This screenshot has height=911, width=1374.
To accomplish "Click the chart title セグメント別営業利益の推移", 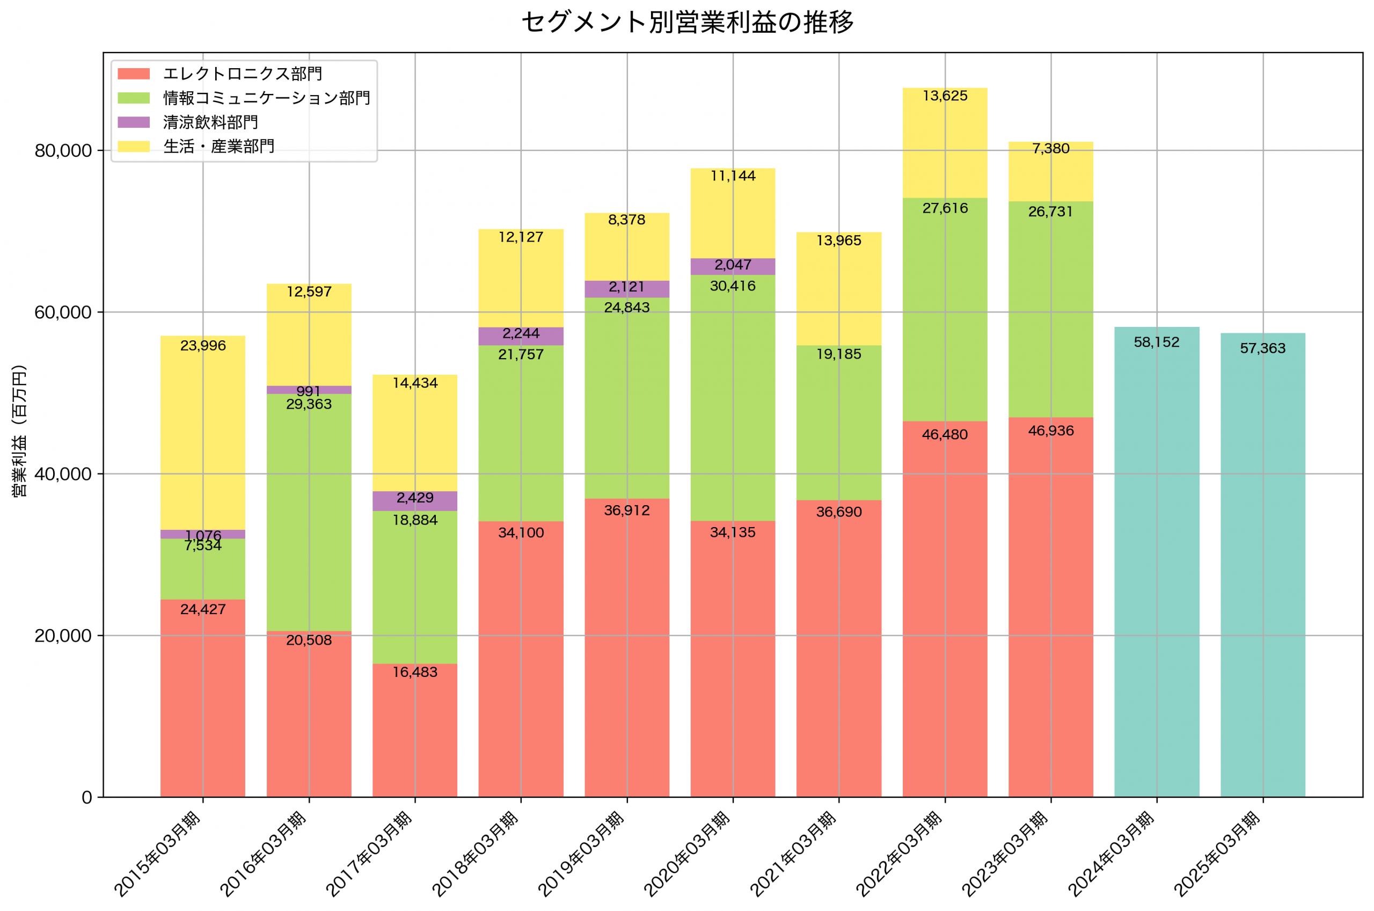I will [687, 22].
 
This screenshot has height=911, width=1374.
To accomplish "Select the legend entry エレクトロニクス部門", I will [242, 74].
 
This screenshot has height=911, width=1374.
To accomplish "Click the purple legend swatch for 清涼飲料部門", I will [134, 122].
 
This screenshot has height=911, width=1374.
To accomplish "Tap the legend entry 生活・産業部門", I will [218, 147].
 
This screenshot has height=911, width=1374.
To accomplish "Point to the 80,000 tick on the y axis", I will [63, 150].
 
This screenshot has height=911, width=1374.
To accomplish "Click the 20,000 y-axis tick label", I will [63, 636].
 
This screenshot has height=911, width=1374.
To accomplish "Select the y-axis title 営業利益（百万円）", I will [19, 431].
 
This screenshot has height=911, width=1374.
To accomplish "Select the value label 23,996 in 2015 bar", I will [203, 346].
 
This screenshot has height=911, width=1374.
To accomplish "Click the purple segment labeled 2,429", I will [415, 501].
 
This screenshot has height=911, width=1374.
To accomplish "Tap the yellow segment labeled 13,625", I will [945, 143].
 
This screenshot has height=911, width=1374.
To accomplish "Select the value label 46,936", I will [1050, 431].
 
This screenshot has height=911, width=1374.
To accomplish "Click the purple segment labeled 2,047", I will [733, 267].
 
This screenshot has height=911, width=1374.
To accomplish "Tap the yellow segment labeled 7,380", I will [1050, 172].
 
